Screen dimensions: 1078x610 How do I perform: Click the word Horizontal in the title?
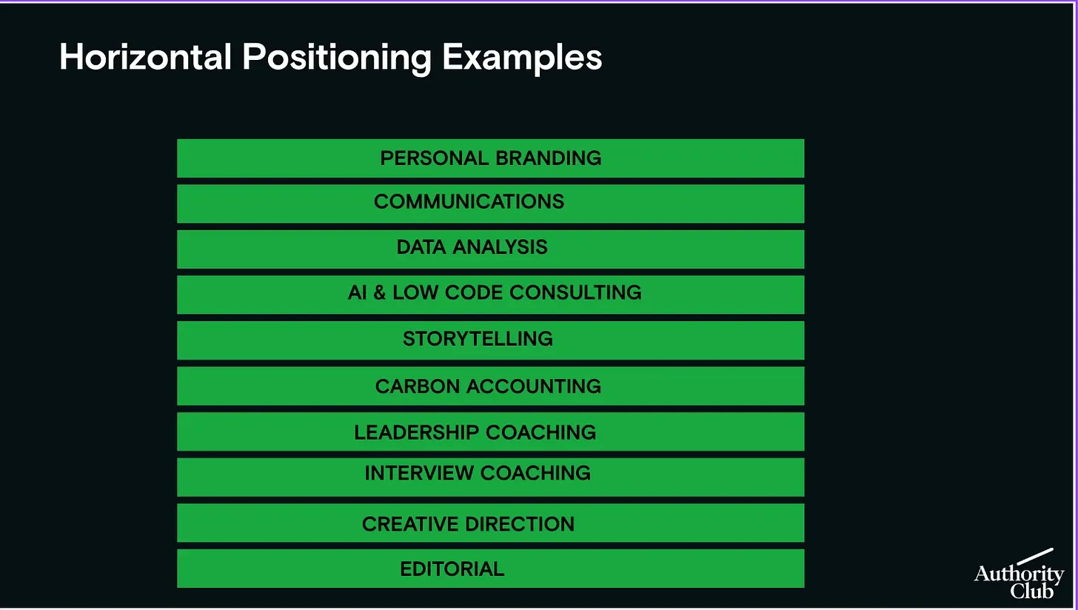point(145,57)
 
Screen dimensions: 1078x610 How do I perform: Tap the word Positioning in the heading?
point(337,57)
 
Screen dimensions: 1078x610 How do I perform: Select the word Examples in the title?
point(522,57)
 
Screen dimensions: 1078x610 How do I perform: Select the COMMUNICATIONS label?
point(469,202)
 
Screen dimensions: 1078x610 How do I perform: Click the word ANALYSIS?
point(503,247)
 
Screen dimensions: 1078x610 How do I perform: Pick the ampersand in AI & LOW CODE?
point(379,292)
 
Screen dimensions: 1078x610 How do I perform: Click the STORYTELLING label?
point(478,339)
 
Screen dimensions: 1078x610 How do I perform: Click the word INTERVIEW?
point(419,473)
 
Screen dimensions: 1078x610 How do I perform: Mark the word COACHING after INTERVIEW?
point(535,473)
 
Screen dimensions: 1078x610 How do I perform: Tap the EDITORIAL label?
point(452,569)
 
